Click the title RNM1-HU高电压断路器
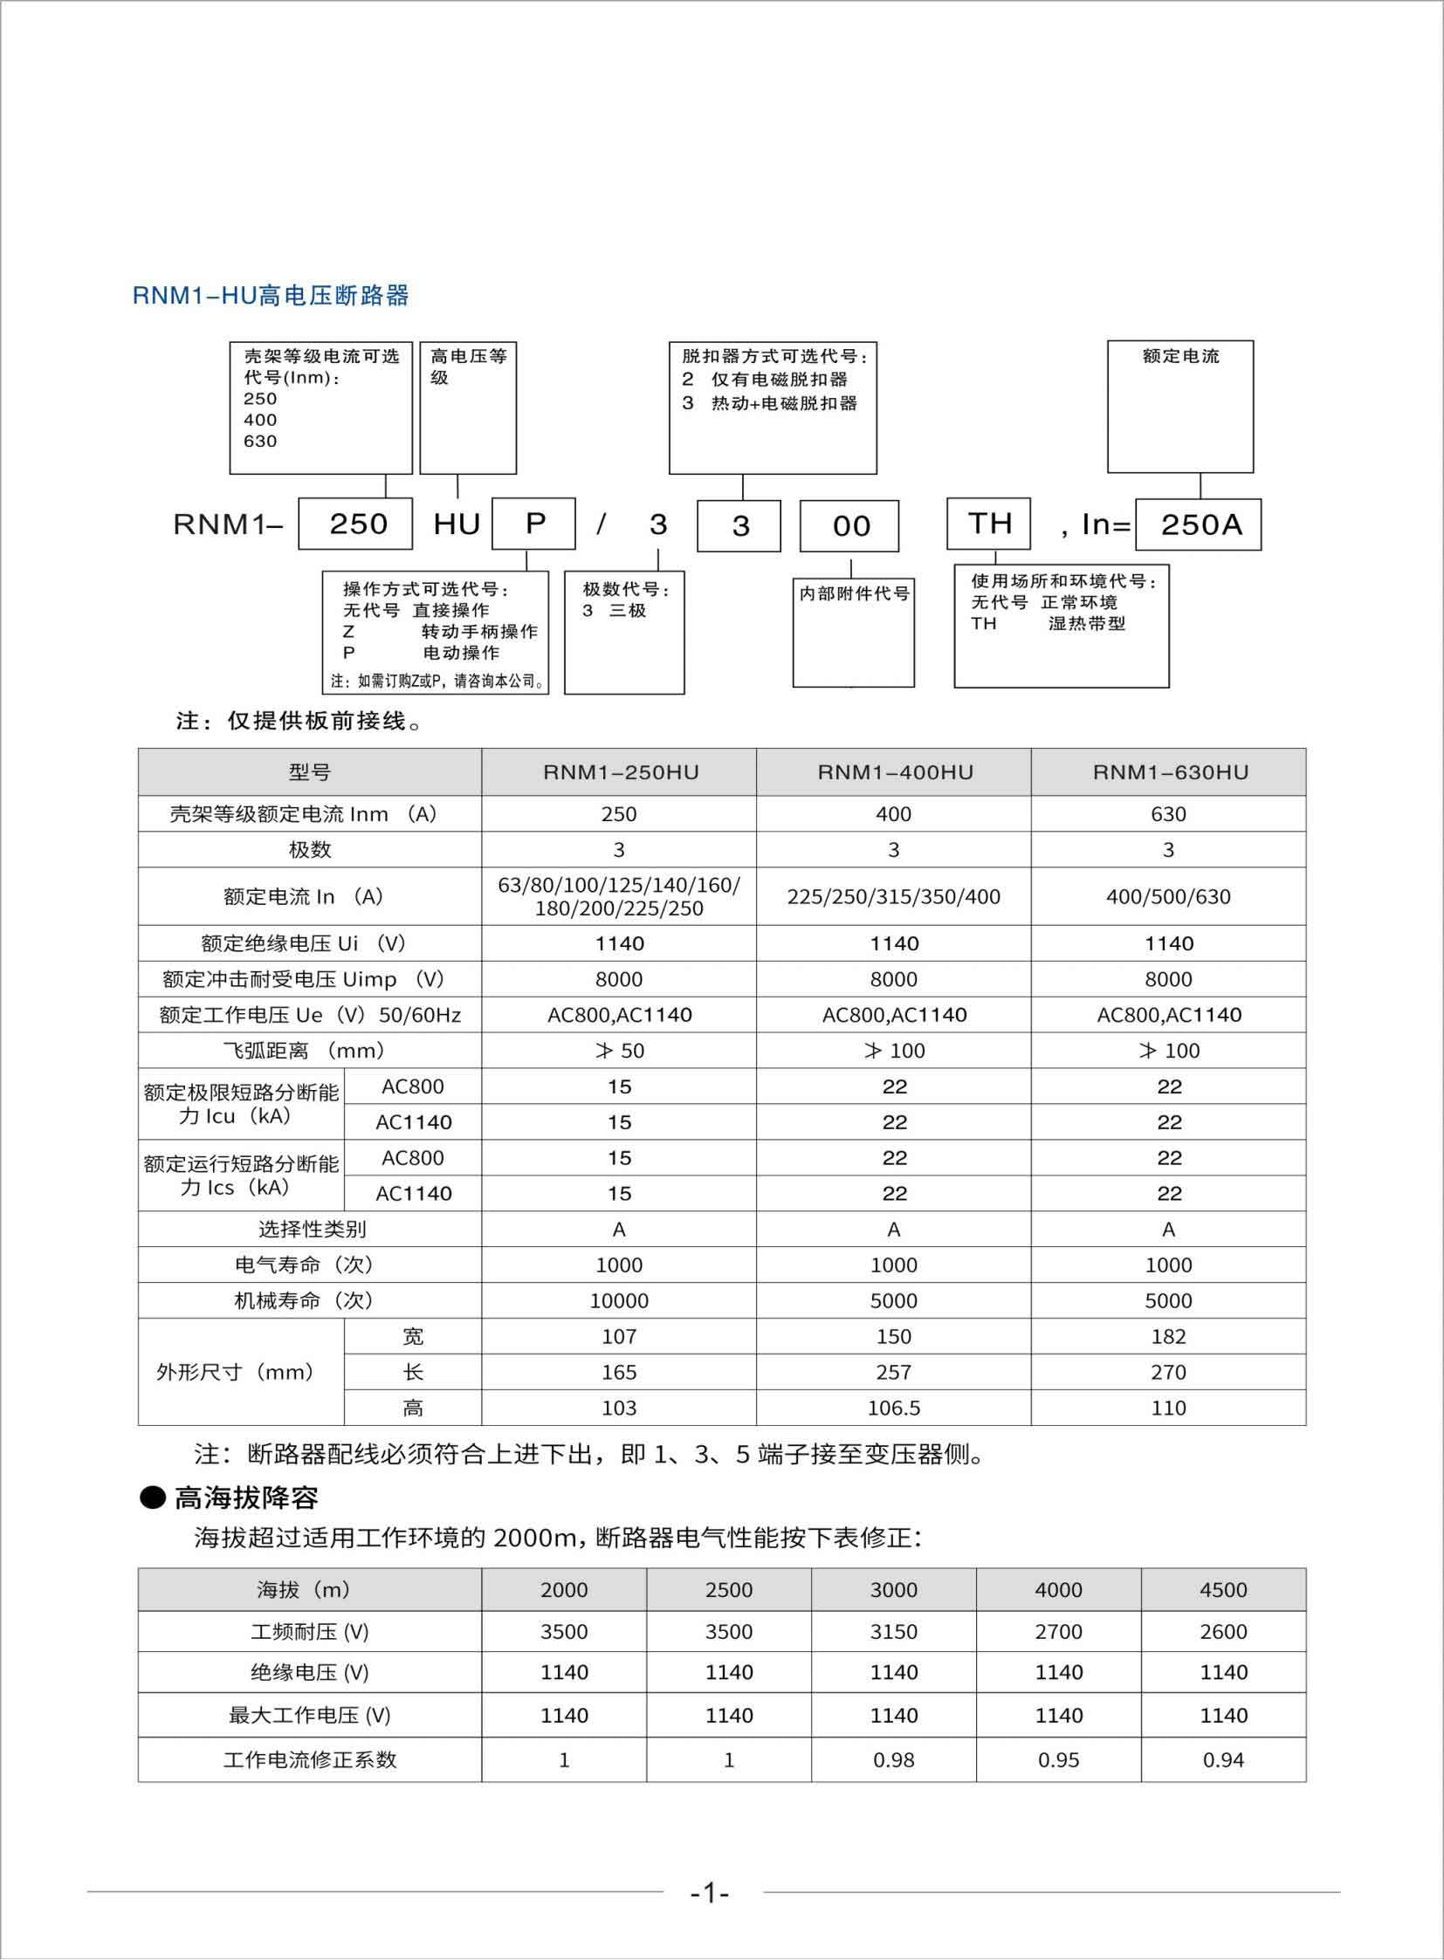(x=270, y=295)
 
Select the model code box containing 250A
(x=1198, y=524)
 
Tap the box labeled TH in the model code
(x=988, y=524)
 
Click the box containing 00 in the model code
(x=849, y=526)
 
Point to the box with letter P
(x=533, y=524)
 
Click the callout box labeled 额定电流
(x=1179, y=407)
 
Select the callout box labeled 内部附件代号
(x=853, y=631)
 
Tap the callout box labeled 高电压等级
(x=468, y=408)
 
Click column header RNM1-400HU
(x=893, y=771)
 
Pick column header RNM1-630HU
(x=1169, y=771)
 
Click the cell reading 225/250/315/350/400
(x=893, y=896)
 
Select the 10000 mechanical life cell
(x=619, y=1301)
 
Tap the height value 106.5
(x=893, y=1408)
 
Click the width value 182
(x=1169, y=1337)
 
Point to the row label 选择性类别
(x=310, y=1230)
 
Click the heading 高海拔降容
(x=245, y=1497)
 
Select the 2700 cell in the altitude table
(x=1058, y=1631)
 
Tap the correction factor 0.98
(x=893, y=1760)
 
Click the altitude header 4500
(x=1223, y=1589)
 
